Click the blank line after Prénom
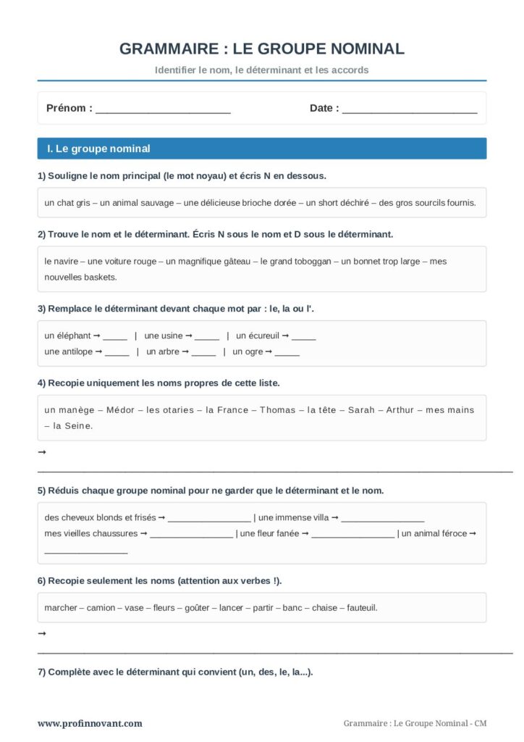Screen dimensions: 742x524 point(163,110)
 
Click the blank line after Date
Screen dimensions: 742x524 point(410,110)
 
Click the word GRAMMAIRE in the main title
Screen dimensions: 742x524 point(167,49)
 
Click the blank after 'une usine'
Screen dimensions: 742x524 point(207,337)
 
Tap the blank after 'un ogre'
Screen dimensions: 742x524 point(287,353)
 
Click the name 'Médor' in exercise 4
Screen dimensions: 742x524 point(120,410)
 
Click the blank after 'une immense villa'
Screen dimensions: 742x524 point(382,519)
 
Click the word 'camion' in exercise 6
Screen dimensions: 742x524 point(101,608)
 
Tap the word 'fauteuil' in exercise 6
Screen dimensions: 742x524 point(362,608)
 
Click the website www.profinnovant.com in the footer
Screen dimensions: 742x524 point(90,723)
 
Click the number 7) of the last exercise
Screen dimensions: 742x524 point(42,672)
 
